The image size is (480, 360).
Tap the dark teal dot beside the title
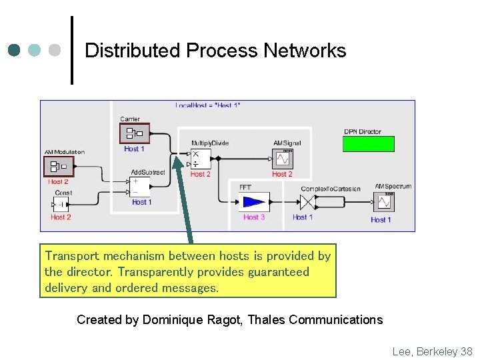tap(15, 51)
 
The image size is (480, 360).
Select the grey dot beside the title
tap(55, 51)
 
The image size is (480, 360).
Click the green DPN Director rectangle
tap(369, 144)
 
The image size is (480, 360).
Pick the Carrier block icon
tap(134, 133)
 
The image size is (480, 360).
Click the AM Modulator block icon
tap(57, 166)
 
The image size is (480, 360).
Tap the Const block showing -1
tap(61, 205)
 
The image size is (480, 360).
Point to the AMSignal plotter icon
tap(283, 159)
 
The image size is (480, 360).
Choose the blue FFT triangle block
tap(254, 201)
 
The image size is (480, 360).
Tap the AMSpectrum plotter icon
tap(385, 201)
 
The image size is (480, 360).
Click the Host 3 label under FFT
tap(254, 217)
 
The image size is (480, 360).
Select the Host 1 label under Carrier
tap(134, 149)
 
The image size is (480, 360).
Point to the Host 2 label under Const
tap(61, 217)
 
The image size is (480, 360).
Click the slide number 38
tap(466, 351)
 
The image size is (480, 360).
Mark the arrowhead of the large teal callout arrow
tap(178, 160)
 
